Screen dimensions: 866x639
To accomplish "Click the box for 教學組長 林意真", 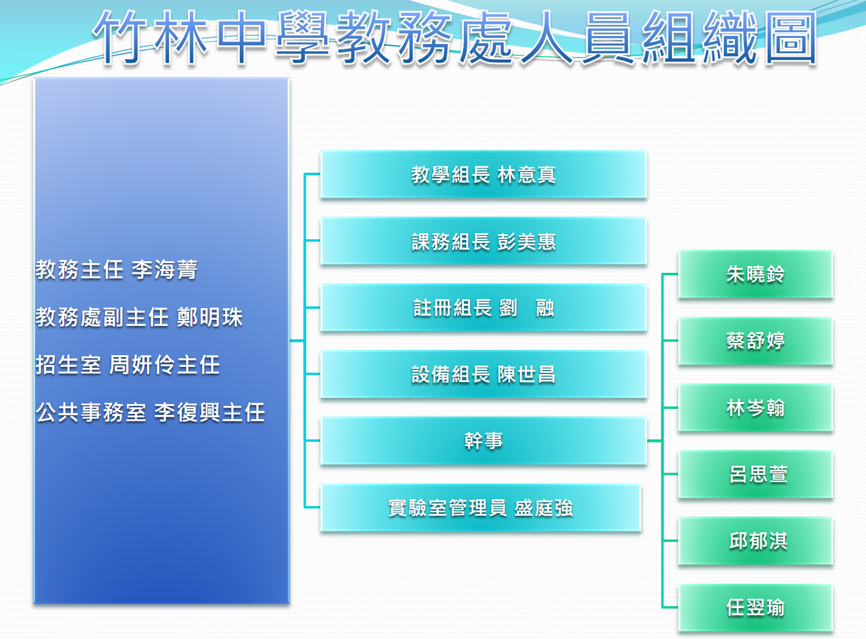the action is click(x=483, y=174).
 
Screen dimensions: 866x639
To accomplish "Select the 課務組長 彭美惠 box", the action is click(x=483, y=241).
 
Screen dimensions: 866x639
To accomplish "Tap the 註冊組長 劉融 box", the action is click(x=483, y=308).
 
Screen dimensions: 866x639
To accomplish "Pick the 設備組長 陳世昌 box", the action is click(x=483, y=374).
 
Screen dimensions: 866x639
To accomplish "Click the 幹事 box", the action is click(x=483, y=441).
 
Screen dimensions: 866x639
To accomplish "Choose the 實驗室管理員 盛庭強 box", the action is click(x=481, y=508).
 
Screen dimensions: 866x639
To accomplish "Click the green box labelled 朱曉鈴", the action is click(x=756, y=274).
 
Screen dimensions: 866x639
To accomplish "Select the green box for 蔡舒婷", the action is click(x=756, y=341).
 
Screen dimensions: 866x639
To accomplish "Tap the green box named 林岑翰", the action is click(x=756, y=408).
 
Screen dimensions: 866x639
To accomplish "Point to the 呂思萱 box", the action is click(x=756, y=474).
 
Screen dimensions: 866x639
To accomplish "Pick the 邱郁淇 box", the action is click(x=756, y=541).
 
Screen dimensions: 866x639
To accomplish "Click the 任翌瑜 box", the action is click(x=756, y=608).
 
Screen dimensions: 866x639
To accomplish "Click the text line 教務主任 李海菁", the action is click(x=117, y=270).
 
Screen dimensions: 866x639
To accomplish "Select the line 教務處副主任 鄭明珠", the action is click(x=139, y=317).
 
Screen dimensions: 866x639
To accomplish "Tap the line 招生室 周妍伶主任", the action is click(x=128, y=364).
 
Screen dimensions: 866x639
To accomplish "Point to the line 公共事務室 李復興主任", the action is click(x=150, y=412).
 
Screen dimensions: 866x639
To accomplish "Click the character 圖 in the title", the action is click(x=791, y=37).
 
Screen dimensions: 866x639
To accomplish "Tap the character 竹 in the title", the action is click(x=120, y=37).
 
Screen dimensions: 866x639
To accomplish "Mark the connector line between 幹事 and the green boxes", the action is click(x=663, y=441).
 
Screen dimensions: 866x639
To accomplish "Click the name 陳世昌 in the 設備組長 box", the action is click(x=526, y=374).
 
